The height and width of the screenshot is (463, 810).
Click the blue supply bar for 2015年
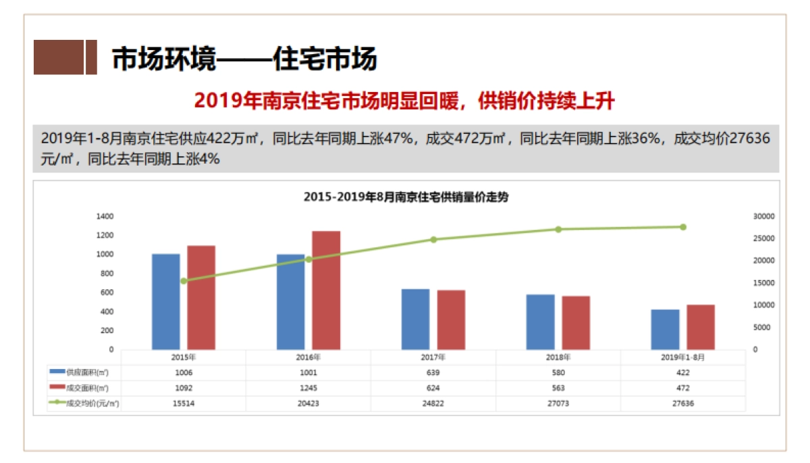coord(166,301)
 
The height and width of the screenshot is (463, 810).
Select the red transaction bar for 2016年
coord(326,290)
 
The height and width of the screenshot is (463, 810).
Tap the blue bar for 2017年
coord(416,319)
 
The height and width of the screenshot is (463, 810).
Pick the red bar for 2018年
coord(576,322)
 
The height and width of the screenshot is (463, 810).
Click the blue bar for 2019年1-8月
coord(666,329)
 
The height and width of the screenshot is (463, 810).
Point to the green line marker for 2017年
coord(433,239)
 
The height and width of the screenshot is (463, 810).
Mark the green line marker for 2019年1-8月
coord(683,227)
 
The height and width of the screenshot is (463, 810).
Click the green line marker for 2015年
coord(184,281)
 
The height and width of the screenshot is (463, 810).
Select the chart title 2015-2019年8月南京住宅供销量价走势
coord(405,197)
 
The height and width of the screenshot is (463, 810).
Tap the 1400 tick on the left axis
coord(105,216)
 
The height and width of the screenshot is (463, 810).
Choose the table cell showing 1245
coord(308,388)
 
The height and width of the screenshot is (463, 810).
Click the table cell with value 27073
coord(558,404)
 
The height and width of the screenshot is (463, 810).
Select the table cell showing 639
coord(433,372)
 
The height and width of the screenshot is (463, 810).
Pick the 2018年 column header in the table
coord(558,357)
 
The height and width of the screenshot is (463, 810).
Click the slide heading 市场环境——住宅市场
coord(244,59)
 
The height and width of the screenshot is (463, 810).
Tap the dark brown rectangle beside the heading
coord(59,57)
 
